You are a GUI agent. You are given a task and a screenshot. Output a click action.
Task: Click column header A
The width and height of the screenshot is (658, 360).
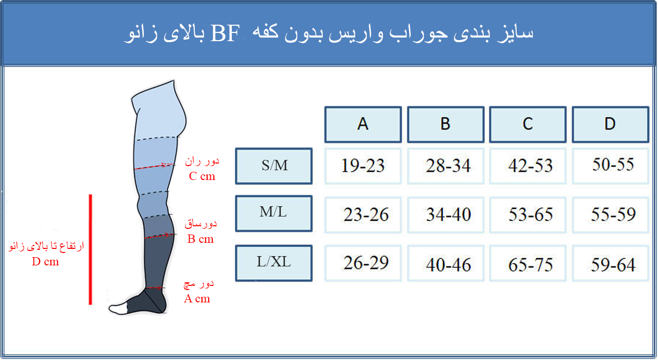(x=363, y=124)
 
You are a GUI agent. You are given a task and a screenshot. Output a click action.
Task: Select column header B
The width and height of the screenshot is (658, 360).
(x=446, y=124)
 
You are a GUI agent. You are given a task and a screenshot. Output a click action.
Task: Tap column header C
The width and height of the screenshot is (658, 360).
(x=528, y=124)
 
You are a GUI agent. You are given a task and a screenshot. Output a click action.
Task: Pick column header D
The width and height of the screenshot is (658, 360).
(x=610, y=124)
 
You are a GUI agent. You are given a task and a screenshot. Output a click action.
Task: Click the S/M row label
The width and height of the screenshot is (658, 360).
(x=274, y=166)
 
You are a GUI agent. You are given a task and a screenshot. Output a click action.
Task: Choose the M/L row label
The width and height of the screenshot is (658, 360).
(x=274, y=213)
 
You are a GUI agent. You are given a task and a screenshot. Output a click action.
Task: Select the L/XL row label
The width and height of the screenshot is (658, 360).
(x=274, y=263)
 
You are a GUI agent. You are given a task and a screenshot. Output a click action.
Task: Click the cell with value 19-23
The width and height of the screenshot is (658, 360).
(x=363, y=166)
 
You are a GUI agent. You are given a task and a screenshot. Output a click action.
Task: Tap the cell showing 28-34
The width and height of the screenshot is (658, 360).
(x=446, y=166)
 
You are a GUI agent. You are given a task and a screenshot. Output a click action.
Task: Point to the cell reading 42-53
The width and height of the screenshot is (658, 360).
(x=528, y=166)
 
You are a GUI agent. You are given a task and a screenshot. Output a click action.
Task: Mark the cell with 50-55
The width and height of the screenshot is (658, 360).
(x=610, y=166)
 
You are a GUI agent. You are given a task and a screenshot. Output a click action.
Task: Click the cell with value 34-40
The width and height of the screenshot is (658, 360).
(x=446, y=215)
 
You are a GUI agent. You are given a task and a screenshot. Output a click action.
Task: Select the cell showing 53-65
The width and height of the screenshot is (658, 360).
(x=528, y=215)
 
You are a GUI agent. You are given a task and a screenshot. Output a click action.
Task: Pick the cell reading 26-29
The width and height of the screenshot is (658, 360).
(x=363, y=263)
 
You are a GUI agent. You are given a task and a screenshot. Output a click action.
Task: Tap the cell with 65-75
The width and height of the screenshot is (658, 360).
(x=528, y=263)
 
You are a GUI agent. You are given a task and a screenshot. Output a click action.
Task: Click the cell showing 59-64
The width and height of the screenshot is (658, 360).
(x=610, y=263)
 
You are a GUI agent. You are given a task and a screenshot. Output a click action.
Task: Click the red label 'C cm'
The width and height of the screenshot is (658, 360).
(x=202, y=176)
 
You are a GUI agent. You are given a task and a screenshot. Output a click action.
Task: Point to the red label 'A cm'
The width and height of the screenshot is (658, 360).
(x=197, y=299)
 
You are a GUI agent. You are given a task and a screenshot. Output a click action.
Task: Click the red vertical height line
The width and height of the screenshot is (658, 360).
(x=90, y=249)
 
